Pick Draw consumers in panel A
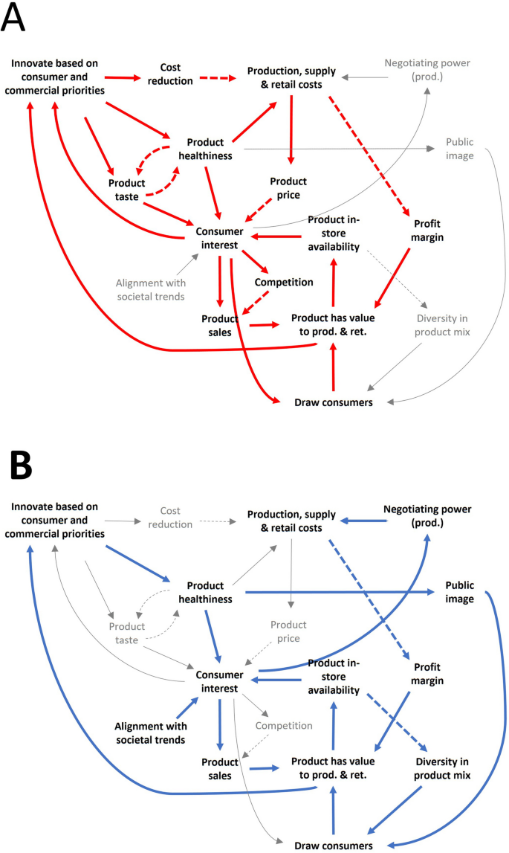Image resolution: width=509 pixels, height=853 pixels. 334,402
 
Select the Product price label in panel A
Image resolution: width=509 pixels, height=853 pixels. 288,187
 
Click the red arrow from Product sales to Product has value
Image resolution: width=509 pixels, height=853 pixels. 264,325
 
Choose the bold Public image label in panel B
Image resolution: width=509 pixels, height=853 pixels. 459,592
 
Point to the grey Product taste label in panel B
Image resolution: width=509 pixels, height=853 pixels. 126,633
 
